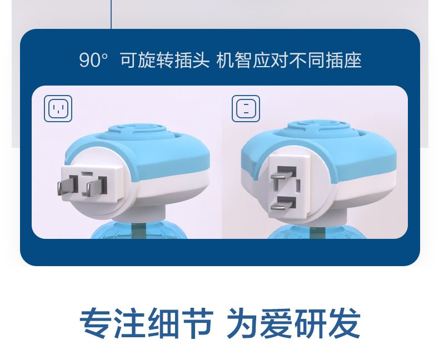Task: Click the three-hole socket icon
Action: (58, 109)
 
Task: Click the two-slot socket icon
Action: (246, 109)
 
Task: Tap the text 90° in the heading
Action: (93, 60)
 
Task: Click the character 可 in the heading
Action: (129, 60)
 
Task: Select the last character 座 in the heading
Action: (352, 60)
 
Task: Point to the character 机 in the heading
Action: (226, 60)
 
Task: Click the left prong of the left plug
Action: (67, 185)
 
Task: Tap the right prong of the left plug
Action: (96, 186)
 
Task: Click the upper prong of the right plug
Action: (283, 173)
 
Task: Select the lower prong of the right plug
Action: (283, 203)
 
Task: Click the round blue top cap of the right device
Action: (317, 128)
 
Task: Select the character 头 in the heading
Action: (201, 60)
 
